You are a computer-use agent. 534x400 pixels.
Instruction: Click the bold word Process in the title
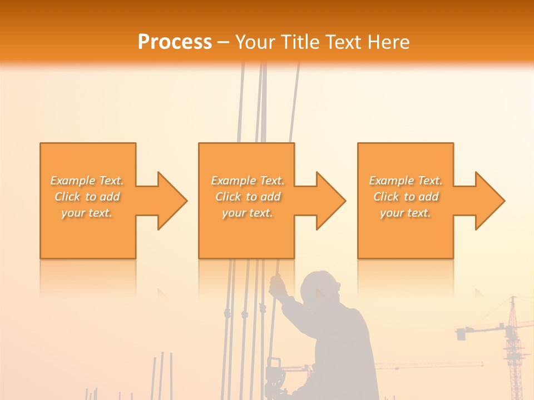point(175,42)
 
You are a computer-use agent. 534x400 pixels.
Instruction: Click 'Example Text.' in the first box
point(87,181)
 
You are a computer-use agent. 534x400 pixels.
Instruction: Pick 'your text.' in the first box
point(87,213)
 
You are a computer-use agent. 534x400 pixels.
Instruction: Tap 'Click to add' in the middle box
point(248,197)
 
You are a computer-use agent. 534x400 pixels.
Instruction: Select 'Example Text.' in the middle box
point(248,181)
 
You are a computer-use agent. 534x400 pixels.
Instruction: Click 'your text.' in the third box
point(406,213)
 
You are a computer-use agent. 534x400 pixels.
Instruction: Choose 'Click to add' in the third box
point(406,197)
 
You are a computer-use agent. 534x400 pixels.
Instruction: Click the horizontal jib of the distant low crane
point(428,365)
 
